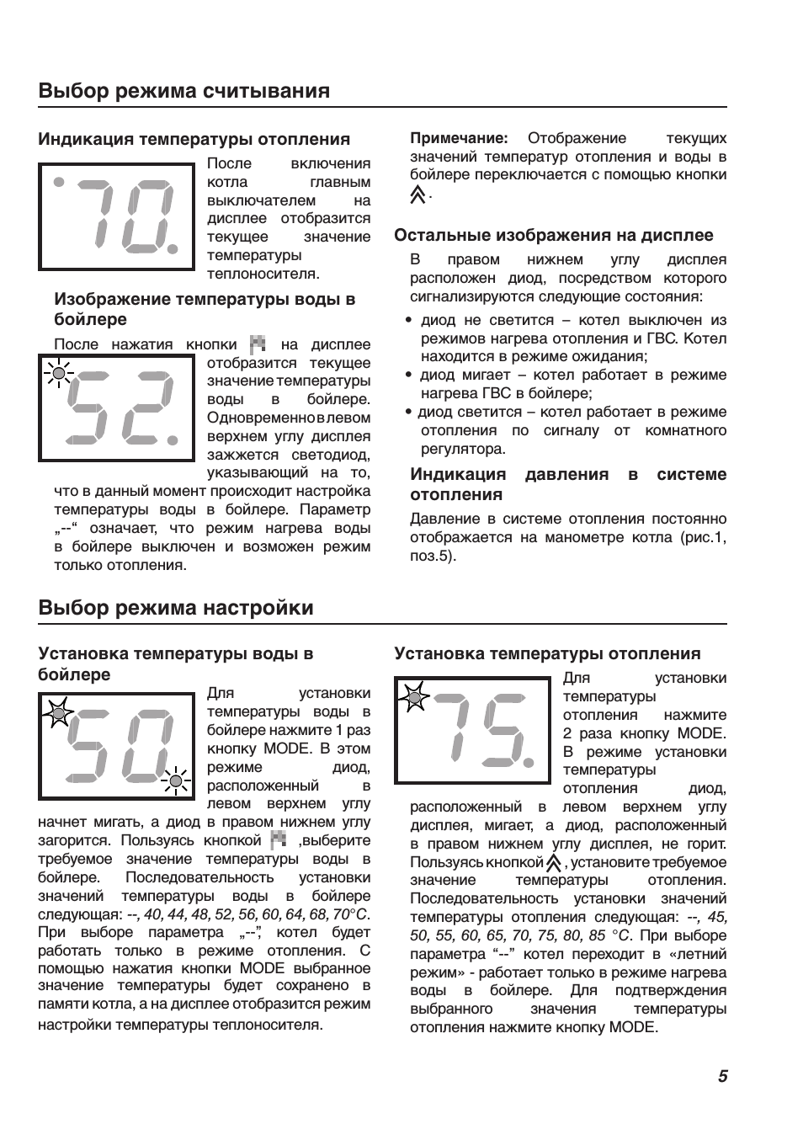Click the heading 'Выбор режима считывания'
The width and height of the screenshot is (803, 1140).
[x=183, y=91]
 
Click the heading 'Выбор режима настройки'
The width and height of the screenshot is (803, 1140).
[x=176, y=608]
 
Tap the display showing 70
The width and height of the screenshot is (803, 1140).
[x=117, y=216]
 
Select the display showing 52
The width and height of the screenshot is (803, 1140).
[x=117, y=408]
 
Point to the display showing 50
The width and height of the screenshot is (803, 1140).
[x=117, y=746]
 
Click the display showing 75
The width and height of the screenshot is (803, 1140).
[x=472, y=730]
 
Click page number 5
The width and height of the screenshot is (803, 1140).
[x=723, y=1076]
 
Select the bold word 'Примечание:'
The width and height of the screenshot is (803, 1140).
[x=459, y=138]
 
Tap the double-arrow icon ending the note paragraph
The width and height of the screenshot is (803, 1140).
[x=417, y=195]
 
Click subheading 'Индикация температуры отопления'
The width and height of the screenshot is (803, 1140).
[x=194, y=140]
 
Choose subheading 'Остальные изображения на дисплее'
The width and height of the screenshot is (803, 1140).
[x=553, y=236]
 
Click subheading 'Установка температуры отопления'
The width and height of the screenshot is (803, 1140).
[x=547, y=654]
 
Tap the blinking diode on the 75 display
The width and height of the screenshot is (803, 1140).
[x=413, y=695]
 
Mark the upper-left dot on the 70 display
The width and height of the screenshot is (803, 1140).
[x=58, y=181]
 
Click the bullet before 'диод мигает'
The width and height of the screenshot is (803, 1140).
[x=408, y=376]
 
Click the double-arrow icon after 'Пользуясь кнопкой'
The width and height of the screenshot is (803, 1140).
[x=553, y=863]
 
